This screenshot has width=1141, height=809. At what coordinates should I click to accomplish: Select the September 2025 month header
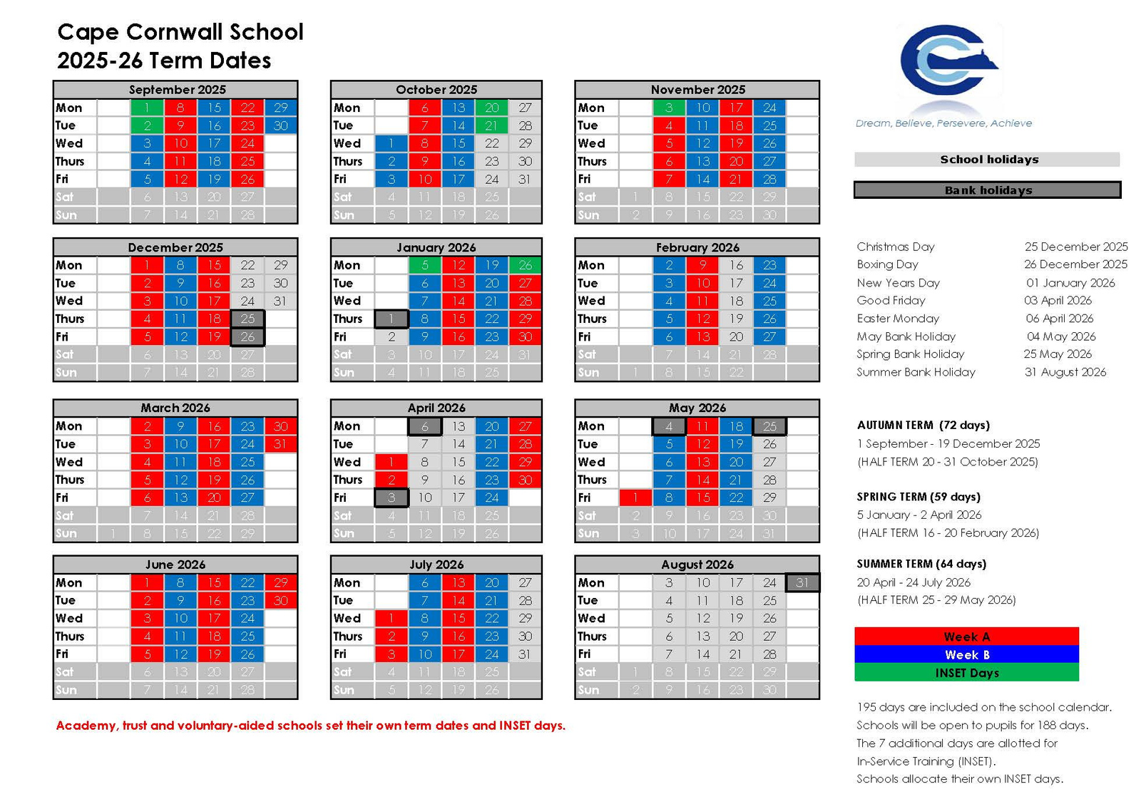176,90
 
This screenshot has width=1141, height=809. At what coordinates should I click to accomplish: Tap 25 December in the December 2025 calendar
247,319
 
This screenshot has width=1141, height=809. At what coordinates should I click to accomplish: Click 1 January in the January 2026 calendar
392,319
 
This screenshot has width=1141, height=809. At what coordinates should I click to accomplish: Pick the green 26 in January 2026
525,265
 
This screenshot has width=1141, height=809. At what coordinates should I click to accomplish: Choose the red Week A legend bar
966,637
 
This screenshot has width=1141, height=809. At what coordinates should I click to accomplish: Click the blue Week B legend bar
966,654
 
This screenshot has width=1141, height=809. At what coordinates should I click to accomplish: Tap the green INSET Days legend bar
966,673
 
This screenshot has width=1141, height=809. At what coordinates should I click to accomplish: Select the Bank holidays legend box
988,190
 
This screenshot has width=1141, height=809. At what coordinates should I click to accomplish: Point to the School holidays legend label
988,160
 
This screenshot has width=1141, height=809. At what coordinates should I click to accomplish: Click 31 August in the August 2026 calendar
802,582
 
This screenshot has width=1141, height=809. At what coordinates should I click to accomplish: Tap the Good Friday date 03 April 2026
1058,300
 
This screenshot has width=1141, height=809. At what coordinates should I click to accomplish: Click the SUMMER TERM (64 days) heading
921,564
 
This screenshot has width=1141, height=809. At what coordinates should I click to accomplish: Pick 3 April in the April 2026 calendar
392,498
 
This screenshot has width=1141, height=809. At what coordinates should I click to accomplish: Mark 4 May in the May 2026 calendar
669,426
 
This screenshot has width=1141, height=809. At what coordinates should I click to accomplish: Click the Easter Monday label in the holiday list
898,319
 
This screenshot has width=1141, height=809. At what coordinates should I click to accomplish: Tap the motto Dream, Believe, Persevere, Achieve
943,123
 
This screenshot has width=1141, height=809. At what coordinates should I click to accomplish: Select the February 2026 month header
697,247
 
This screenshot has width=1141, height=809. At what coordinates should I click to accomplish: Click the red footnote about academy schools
311,726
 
